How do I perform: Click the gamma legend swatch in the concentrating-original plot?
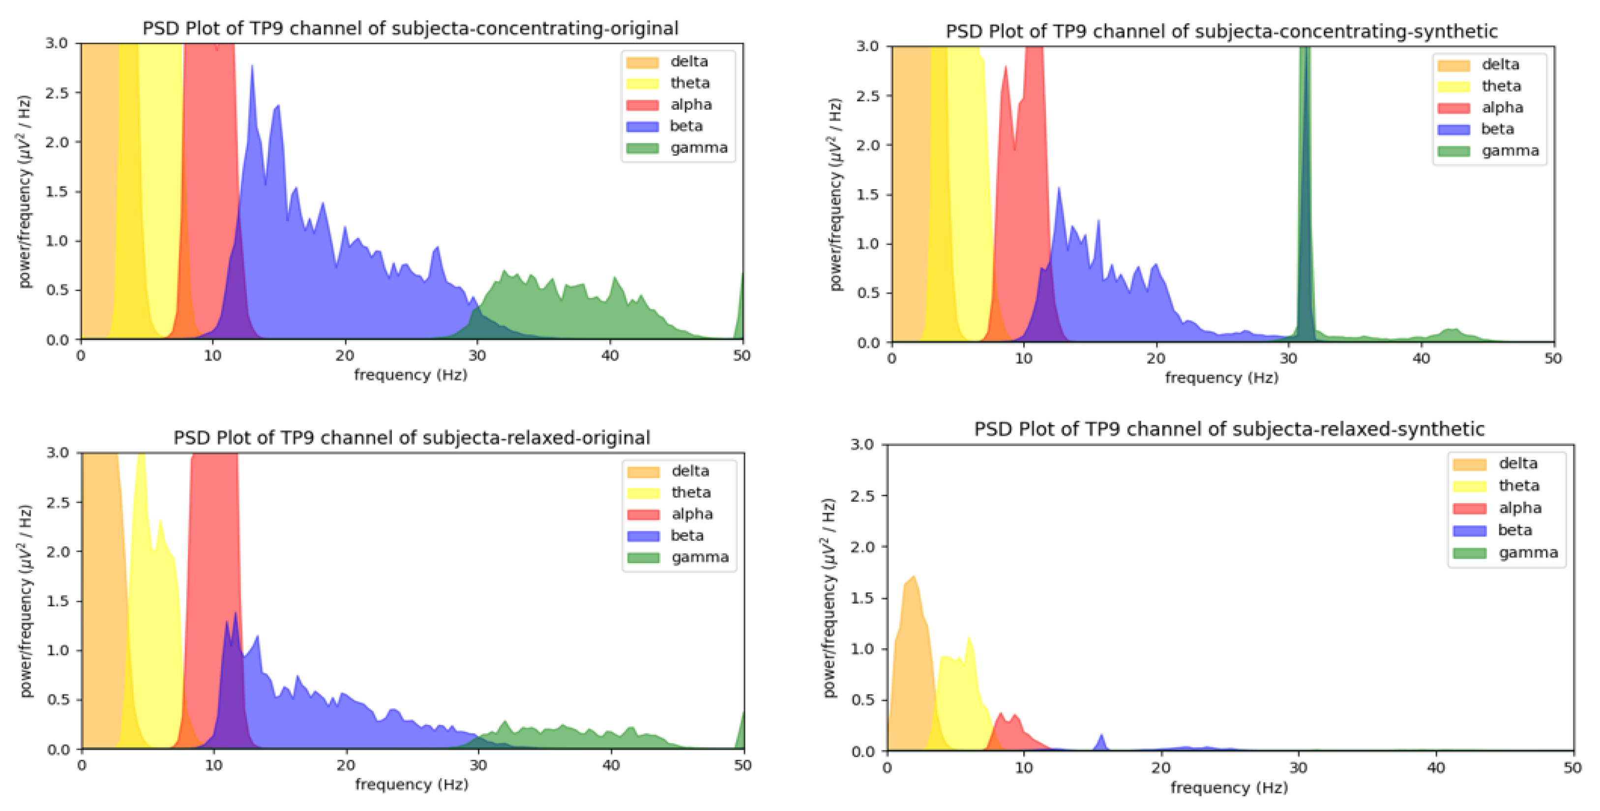[x=642, y=148]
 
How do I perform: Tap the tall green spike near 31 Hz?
[x=1305, y=186]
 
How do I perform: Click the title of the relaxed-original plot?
[x=411, y=438]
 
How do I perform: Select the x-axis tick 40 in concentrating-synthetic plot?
[x=1421, y=359]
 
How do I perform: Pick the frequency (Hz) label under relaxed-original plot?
[x=411, y=784]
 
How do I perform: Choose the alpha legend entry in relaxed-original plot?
[x=691, y=514]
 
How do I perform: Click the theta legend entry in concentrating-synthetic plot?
[x=1501, y=86]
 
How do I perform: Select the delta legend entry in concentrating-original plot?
[x=688, y=61]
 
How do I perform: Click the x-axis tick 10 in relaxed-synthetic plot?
[x=1024, y=768]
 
